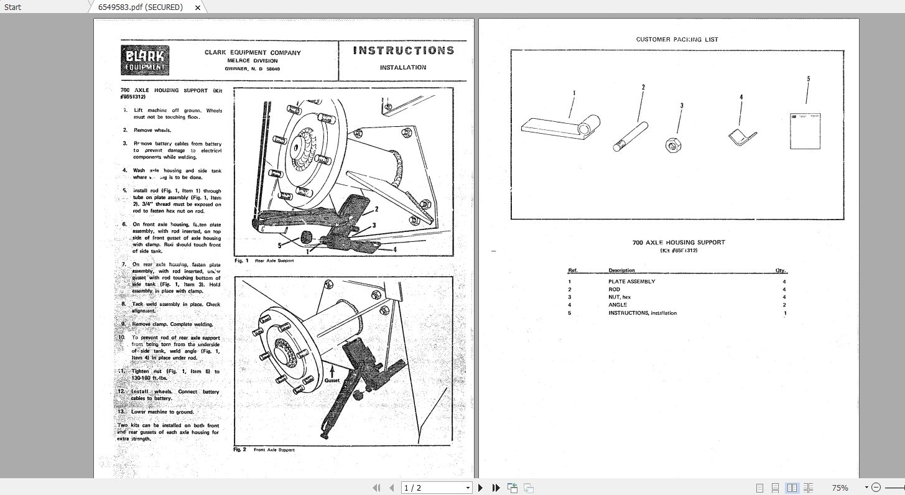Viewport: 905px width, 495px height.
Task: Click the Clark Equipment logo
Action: tap(145, 61)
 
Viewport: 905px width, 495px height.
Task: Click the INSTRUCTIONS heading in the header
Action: tap(403, 51)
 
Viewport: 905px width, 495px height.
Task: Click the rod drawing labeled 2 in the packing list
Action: tap(630, 137)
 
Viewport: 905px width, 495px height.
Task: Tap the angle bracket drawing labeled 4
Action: tap(742, 138)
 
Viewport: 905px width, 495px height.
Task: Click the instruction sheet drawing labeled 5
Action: tap(805, 131)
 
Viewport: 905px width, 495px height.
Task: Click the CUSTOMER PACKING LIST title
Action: tap(677, 39)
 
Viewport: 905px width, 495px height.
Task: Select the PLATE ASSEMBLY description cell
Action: tap(631, 282)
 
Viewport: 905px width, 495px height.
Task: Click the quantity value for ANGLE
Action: tap(784, 305)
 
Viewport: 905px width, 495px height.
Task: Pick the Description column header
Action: tap(621, 271)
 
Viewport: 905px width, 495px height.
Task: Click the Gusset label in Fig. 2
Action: tap(332, 381)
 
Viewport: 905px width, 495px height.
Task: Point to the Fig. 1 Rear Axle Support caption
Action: tap(264, 261)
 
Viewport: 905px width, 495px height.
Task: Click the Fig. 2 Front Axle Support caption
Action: tap(264, 450)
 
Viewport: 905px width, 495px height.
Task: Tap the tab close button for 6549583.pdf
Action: tap(198, 7)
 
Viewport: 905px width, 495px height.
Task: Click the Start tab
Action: tap(12, 7)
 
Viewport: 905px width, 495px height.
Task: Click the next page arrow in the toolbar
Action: tap(480, 488)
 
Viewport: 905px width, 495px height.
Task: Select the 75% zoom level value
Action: tap(840, 488)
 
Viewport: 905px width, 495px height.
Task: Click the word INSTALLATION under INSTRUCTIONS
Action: tap(403, 67)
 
